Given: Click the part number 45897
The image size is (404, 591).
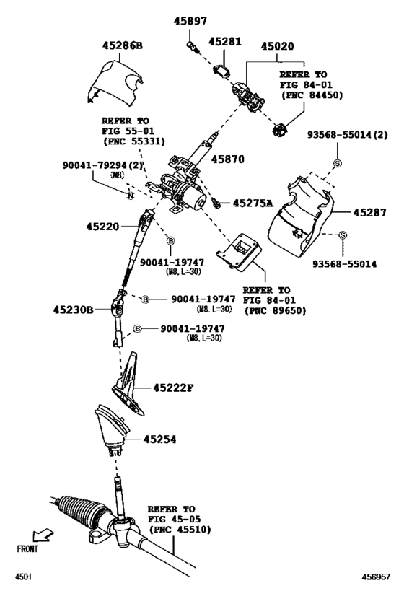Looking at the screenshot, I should pos(190,22).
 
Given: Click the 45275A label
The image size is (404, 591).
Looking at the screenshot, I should pos(252,204).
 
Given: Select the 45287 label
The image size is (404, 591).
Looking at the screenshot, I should pos(372,214).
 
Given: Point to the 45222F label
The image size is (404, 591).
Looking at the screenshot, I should pos(173,388).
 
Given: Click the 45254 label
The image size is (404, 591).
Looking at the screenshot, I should pos(159,439).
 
